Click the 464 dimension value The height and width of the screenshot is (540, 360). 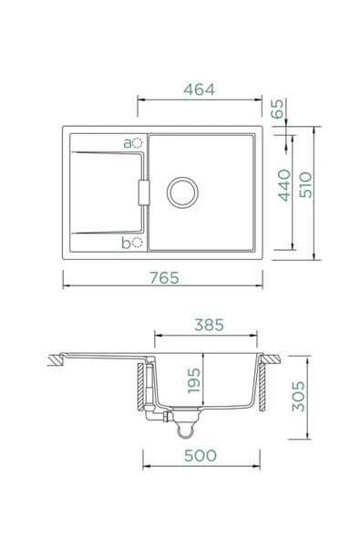click(x=200, y=89)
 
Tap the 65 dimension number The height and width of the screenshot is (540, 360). click(x=277, y=109)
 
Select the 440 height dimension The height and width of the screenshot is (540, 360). click(x=284, y=185)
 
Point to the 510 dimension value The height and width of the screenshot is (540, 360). click(x=305, y=185)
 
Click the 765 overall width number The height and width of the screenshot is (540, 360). click(x=165, y=277)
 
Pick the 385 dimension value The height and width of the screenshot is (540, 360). click(x=209, y=325)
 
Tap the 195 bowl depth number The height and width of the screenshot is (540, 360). click(x=194, y=380)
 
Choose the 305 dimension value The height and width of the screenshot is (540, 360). click(x=298, y=396)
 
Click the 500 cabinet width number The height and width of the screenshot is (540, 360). click(x=201, y=456)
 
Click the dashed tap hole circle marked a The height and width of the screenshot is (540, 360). click(x=138, y=142)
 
